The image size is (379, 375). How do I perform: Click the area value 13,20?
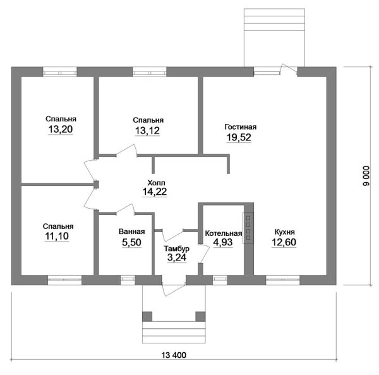pyautogui.click(x=61, y=130)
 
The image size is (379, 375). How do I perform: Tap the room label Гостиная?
pyautogui.click(x=241, y=126)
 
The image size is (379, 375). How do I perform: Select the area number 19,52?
pyautogui.click(x=239, y=137)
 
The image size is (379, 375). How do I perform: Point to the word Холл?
pyautogui.click(x=157, y=182)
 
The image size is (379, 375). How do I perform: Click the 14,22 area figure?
pyautogui.click(x=155, y=192)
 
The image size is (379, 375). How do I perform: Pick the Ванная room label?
pyautogui.click(x=132, y=231)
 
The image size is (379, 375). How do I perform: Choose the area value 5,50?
pyautogui.click(x=131, y=242)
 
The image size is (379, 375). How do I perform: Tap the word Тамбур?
pyautogui.click(x=177, y=249)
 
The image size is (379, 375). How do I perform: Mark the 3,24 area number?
pyautogui.click(x=177, y=257)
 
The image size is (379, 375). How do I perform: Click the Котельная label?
pyautogui.click(x=224, y=233)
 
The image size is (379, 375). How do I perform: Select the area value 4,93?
pyautogui.click(x=223, y=242)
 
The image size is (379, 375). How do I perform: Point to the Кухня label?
pyautogui.click(x=285, y=232)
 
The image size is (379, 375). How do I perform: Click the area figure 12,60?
pyautogui.click(x=284, y=242)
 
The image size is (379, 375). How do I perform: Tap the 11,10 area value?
pyautogui.click(x=57, y=236)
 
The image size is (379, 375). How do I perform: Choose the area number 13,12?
pyautogui.click(x=147, y=131)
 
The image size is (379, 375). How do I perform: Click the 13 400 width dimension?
pyautogui.click(x=174, y=355)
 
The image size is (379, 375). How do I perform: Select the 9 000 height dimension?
pyautogui.click(x=366, y=176)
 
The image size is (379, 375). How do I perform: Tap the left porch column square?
pyautogui.click(x=147, y=316)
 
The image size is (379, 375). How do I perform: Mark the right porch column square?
pyautogui.click(x=200, y=316)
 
